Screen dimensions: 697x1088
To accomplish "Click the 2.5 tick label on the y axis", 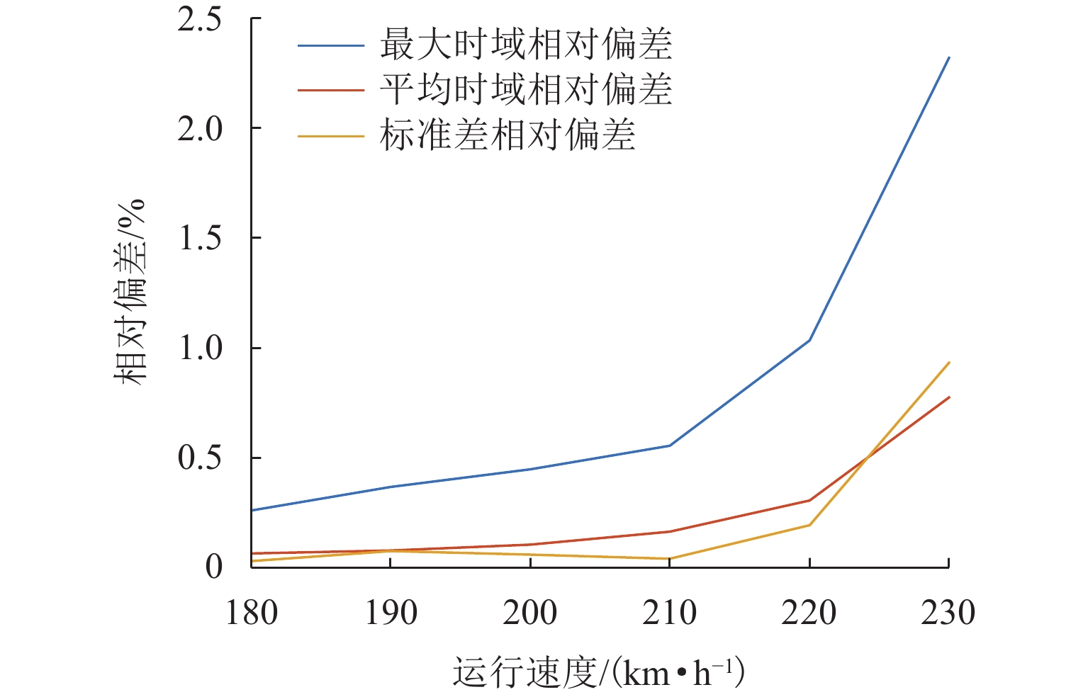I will pyautogui.click(x=199, y=20).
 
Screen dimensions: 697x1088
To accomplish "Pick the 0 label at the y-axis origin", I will pyautogui.click(x=213, y=567).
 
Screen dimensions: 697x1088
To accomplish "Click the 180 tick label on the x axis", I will pyautogui.click(x=252, y=613).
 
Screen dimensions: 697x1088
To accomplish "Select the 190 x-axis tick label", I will pyautogui.click(x=391, y=613).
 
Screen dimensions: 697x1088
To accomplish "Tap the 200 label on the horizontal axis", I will pyautogui.click(x=530, y=613).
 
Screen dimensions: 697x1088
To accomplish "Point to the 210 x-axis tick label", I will pyautogui.click(x=670, y=613).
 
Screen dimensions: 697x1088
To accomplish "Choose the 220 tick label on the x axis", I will pyautogui.click(x=809, y=613).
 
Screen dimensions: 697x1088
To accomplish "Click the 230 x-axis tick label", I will pyautogui.click(x=948, y=613).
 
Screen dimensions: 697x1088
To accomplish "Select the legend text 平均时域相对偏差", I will pyautogui.click(x=525, y=90).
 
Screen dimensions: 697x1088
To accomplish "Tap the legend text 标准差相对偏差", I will pyautogui.click(x=507, y=135).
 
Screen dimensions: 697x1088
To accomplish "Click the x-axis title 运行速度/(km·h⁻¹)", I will pyautogui.click(x=598, y=673).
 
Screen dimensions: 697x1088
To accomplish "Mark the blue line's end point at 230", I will pyautogui.click(x=949, y=57).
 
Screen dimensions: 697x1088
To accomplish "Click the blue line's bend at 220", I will pyautogui.click(x=809, y=341).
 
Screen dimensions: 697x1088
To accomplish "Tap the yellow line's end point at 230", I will pyautogui.click(x=949, y=363).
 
